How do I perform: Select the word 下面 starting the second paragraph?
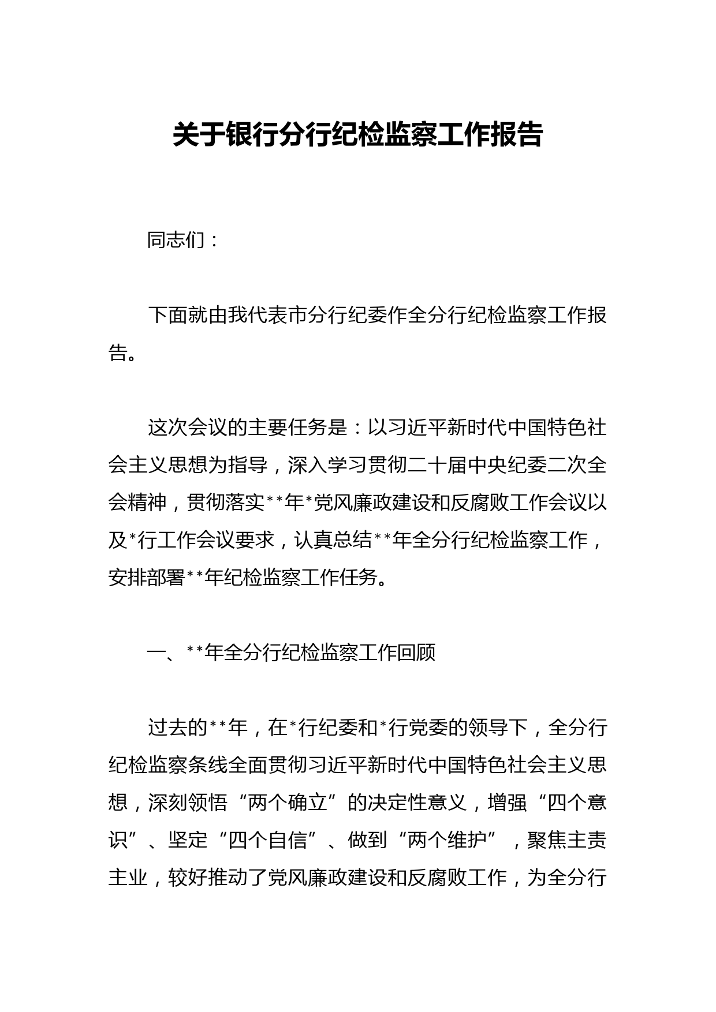167,316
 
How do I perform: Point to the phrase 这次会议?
188,428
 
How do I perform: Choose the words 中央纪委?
506,465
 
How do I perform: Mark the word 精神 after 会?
147,503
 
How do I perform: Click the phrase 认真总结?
333,540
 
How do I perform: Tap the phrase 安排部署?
147,577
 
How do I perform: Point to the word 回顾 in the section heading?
416,653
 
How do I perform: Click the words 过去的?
178,728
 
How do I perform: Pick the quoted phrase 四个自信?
267,840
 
